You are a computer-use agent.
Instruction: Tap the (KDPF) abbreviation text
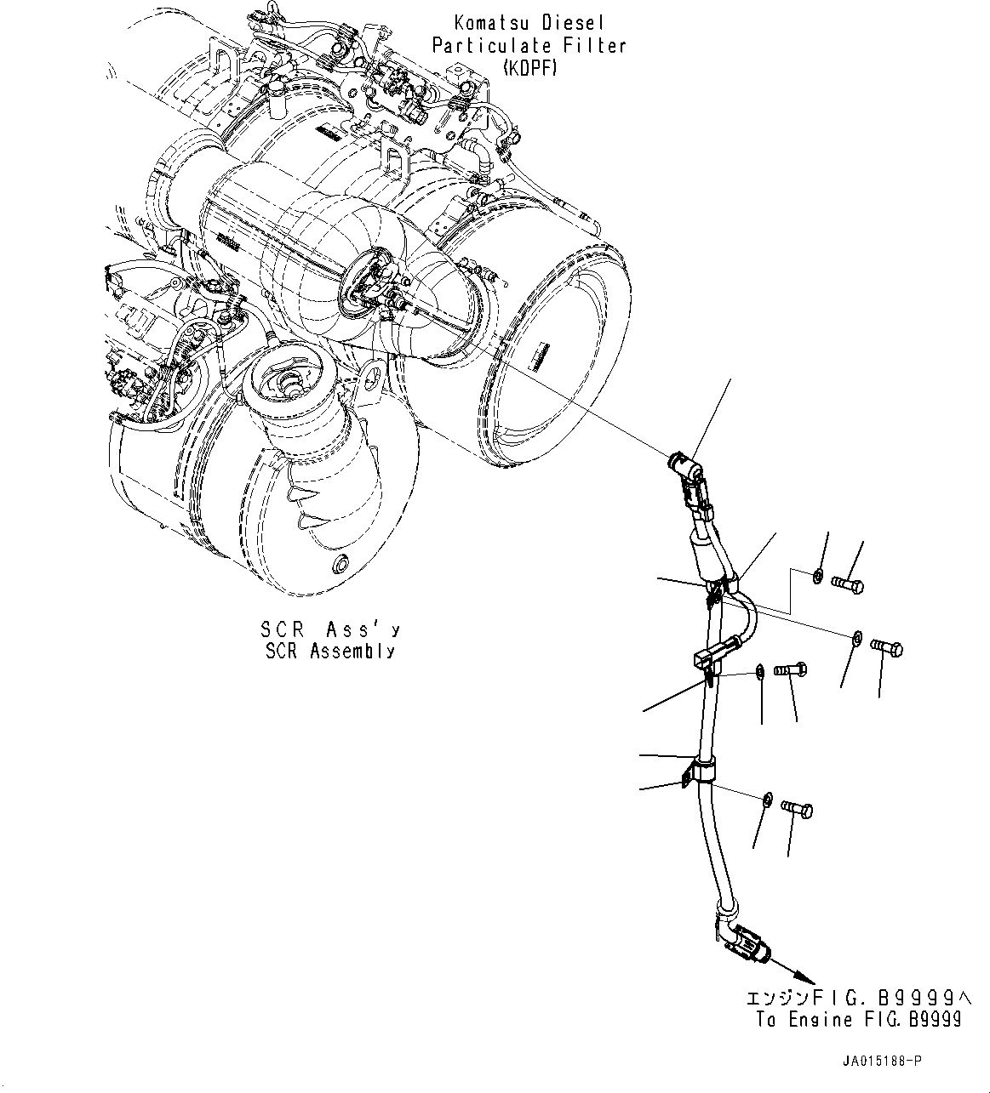pos(529,67)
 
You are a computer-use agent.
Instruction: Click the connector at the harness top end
pos(686,467)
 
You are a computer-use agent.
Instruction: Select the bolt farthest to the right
pos(888,648)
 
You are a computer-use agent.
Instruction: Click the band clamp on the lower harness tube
pos(701,771)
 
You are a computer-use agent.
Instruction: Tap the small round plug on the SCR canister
pos(341,562)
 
